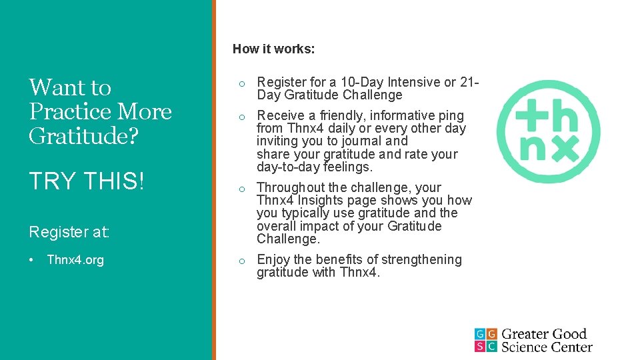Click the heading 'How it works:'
(273, 49)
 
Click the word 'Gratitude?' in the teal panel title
(84, 136)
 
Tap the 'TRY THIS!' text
(87, 181)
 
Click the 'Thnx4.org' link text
(75, 260)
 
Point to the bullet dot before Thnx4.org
(33, 260)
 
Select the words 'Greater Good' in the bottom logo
(544, 334)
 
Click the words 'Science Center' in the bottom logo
(547, 347)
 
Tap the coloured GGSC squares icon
(485, 340)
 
